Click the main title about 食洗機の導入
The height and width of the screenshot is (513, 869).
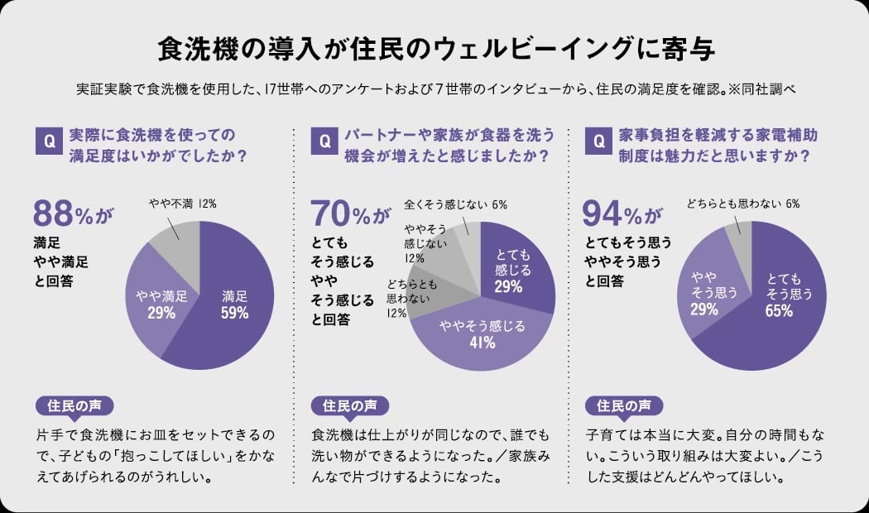[434, 47]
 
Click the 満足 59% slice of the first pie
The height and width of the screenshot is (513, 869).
[233, 306]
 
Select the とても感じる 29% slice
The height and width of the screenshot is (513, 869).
[513, 269]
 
